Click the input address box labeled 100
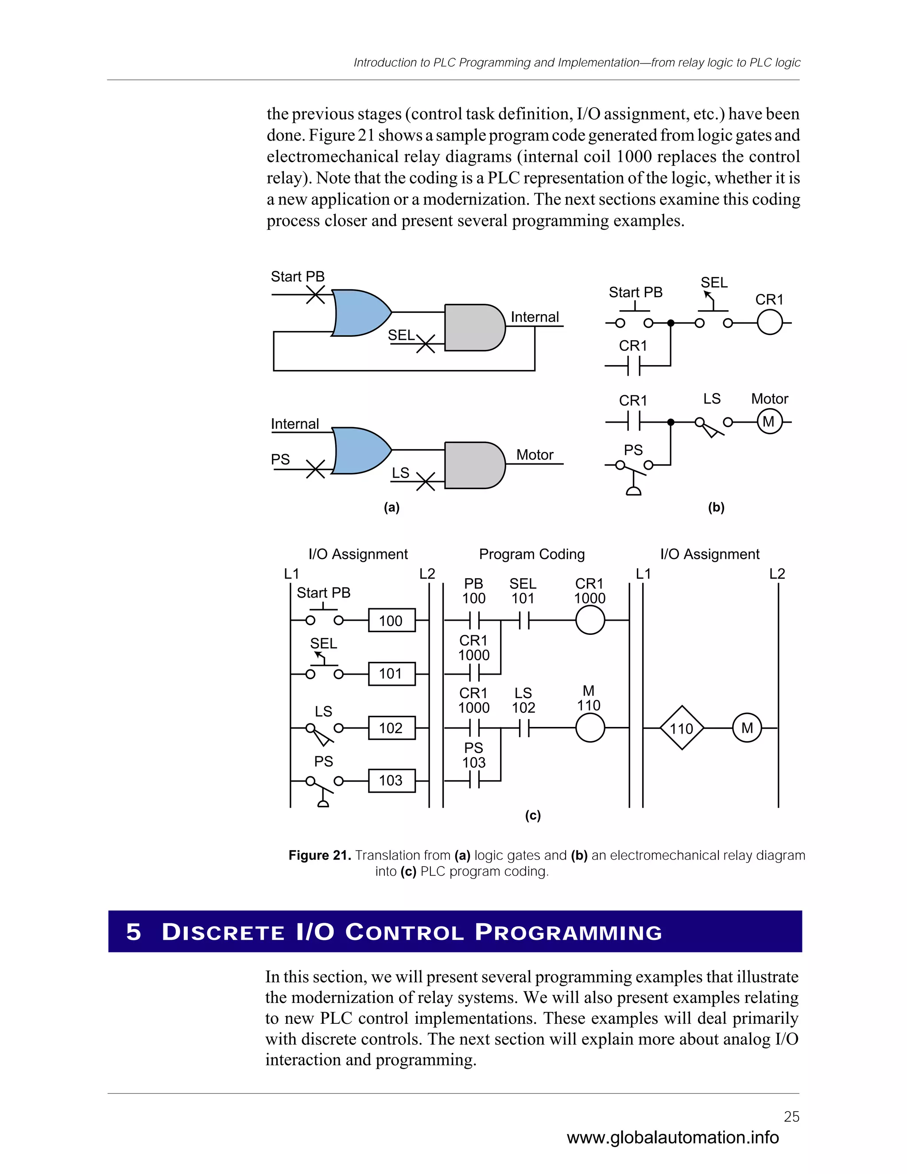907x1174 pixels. pos(391,620)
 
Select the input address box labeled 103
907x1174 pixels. pos(391,781)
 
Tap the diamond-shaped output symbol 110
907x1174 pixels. pos(681,728)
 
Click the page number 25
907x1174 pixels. pos(791,1116)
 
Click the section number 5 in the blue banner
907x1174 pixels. pos(133,932)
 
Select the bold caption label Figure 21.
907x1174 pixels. pos(320,855)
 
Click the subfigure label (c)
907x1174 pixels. pos(532,816)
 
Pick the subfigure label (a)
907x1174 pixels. pos(391,507)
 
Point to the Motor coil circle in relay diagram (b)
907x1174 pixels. pos(769,422)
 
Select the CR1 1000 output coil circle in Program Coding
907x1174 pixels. pos(590,620)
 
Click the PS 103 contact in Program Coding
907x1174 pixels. pos(474,780)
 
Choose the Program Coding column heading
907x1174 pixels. pos(531,554)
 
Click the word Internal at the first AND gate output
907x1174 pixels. pos(535,317)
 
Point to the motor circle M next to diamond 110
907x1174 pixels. pos(747,728)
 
